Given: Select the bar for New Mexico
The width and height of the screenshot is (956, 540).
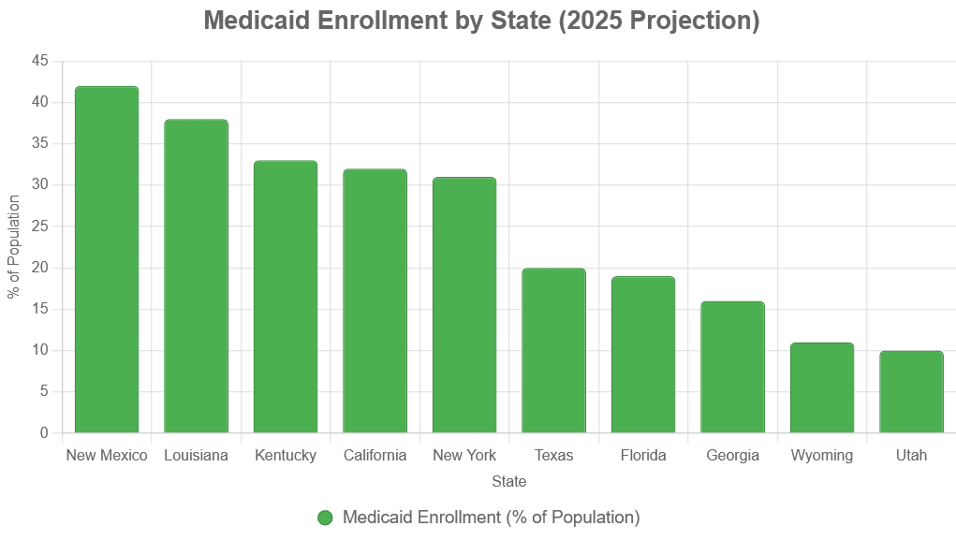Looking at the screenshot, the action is coord(107,259).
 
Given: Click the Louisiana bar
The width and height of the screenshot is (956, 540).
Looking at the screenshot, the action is coord(197,276).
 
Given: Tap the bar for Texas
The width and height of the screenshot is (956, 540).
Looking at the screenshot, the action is coord(553,350).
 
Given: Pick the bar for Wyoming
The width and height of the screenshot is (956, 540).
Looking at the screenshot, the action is coord(822,387).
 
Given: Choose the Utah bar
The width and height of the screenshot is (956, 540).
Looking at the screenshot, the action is coord(911,392).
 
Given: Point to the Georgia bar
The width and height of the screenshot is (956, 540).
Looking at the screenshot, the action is coord(732,367).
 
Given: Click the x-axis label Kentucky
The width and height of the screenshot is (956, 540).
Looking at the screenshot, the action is coord(286,455).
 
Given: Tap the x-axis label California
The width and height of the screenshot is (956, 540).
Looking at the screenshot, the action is coord(375,455).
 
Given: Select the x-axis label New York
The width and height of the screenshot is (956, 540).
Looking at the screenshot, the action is coord(464,455).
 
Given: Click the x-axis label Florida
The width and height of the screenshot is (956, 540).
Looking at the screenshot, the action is coord(643,455).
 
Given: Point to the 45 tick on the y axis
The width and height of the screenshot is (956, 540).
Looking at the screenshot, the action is coord(40,60).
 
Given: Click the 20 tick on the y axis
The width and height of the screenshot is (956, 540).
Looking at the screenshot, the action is coord(40,268).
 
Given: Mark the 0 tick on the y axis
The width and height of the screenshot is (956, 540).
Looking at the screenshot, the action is coord(44,432).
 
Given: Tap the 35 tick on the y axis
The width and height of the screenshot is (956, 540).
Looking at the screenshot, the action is coord(40,143).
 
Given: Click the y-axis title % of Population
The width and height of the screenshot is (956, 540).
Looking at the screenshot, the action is coord(14,247).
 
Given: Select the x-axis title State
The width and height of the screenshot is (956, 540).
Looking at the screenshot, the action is coord(509,481).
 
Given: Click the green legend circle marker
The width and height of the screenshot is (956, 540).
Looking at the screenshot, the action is coord(325,518).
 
